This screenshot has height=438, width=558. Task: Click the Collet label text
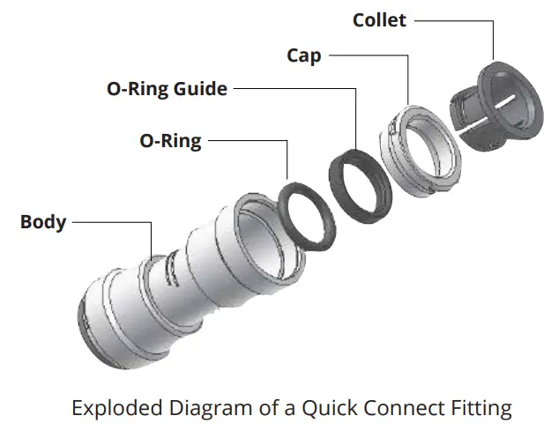click(x=379, y=20)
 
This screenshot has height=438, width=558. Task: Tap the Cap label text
click(x=304, y=56)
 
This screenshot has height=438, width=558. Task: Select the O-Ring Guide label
click(x=167, y=89)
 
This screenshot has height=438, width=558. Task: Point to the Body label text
click(x=43, y=222)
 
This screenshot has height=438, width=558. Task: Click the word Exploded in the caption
click(x=117, y=408)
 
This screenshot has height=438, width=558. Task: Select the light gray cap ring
click(x=420, y=152)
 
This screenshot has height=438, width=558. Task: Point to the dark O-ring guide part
click(x=361, y=187)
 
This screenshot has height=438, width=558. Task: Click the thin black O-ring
click(x=307, y=217)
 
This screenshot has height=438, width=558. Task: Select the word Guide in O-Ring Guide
click(x=200, y=89)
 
